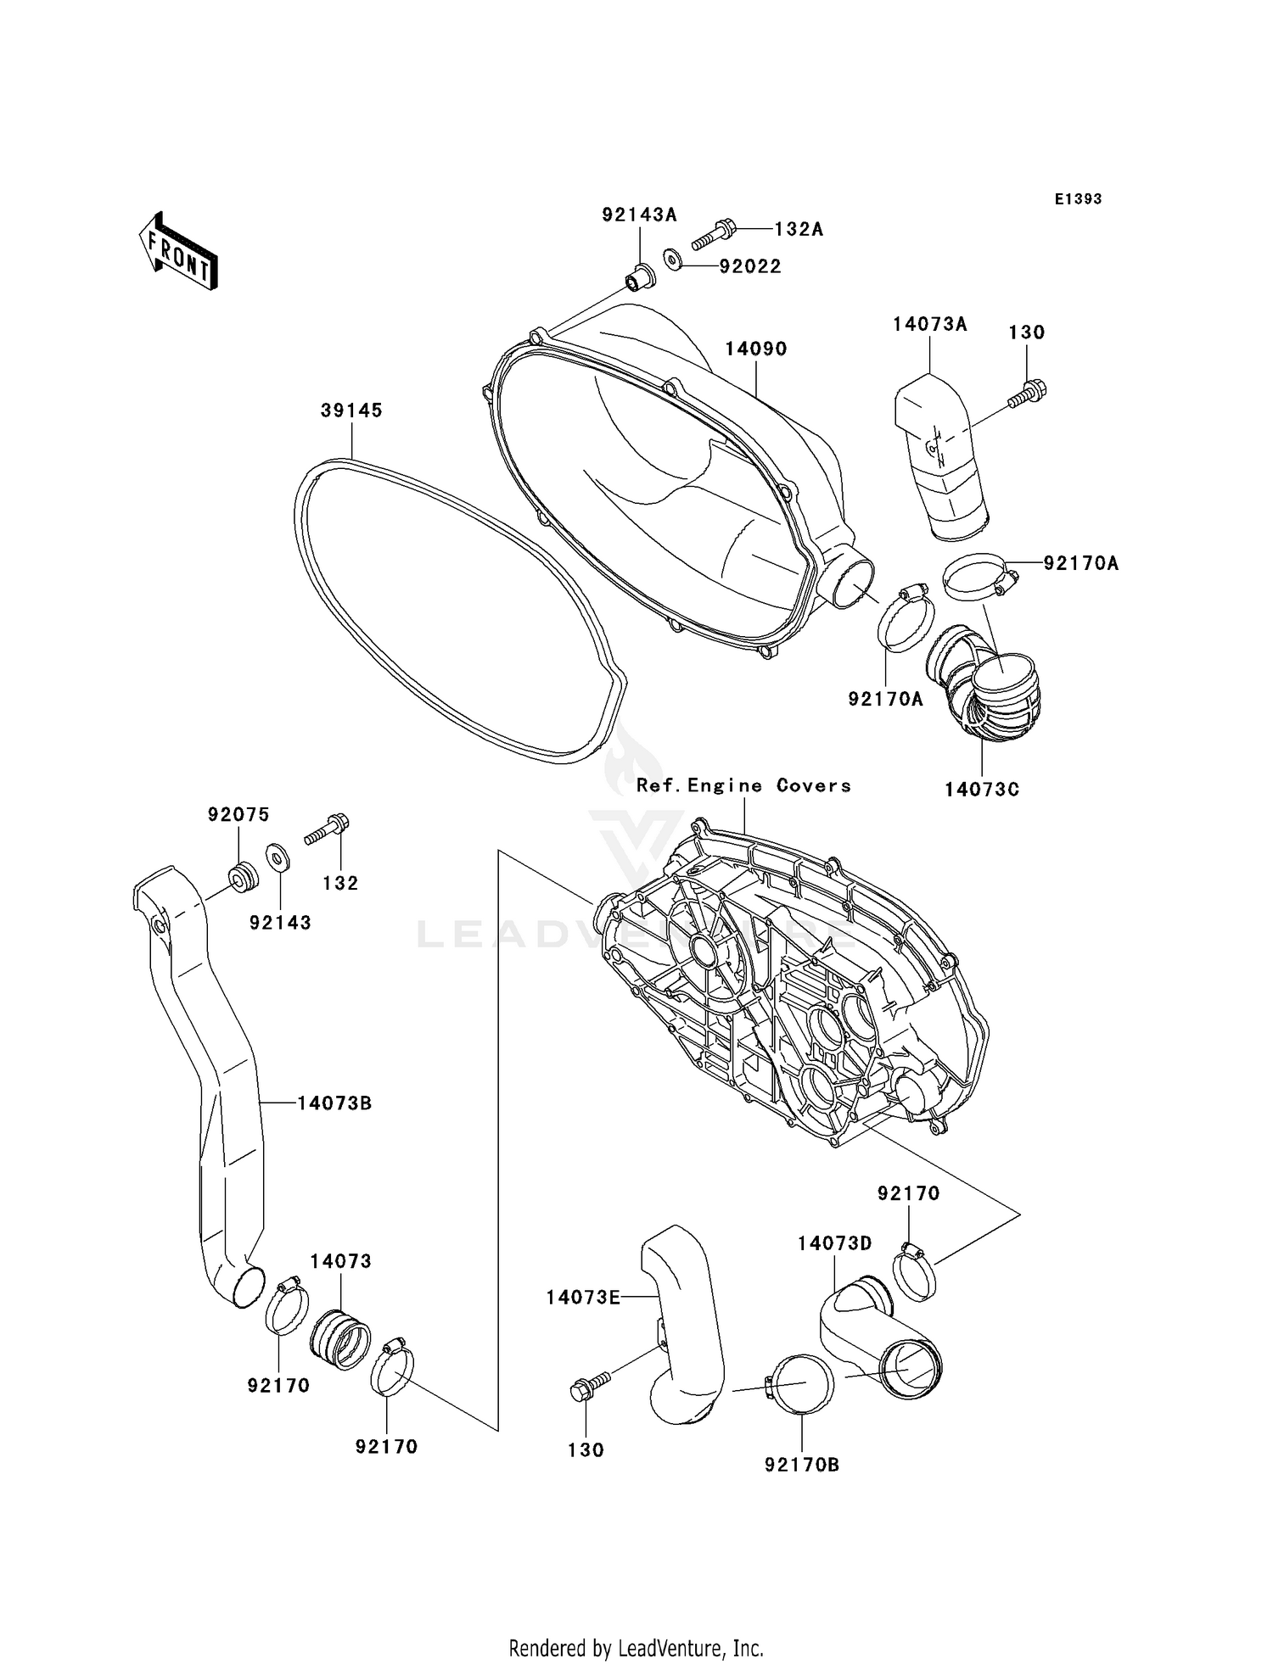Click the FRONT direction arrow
[x=178, y=253]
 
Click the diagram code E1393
[x=1078, y=199]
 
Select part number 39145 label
[x=351, y=410]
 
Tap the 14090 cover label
[x=755, y=349]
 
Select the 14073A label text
[x=929, y=324]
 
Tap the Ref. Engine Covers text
[x=743, y=785]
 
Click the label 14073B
[x=334, y=1103]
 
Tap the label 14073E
[x=583, y=1297]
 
